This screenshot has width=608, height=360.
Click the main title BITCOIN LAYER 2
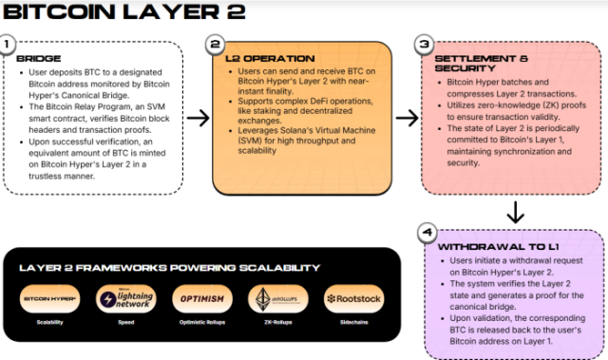click(x=123, y=12)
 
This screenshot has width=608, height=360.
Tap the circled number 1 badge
click(x=9, y=44)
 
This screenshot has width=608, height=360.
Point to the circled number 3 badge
click(x=425, y=44)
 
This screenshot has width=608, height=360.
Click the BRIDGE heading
click(x=38, y=59)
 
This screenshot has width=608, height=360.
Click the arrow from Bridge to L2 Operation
click(x=199, y=118)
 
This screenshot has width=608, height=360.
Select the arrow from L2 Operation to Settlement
click(x=406, y=118)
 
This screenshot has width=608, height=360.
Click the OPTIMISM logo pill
click(x=200, y=299)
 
